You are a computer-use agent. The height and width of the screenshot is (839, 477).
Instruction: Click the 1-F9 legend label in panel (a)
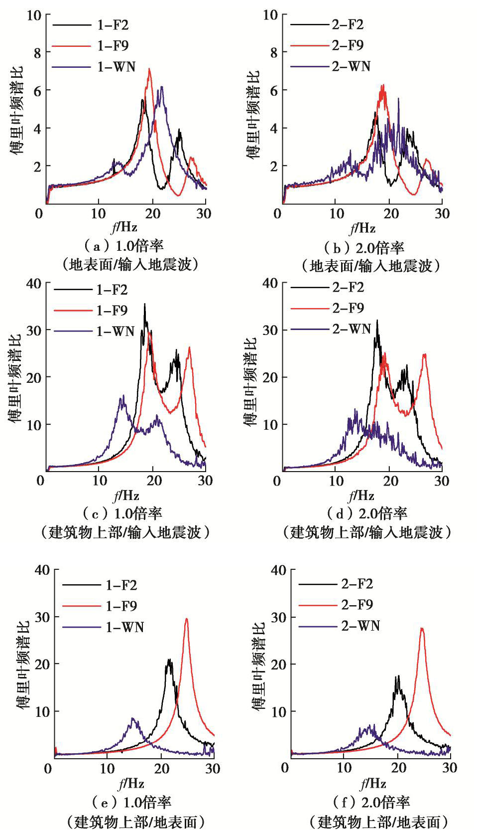click(113, 46)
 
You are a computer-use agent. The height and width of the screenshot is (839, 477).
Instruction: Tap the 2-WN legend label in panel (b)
click(351, 66)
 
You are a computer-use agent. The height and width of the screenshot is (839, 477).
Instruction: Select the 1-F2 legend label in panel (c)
click(112, 290)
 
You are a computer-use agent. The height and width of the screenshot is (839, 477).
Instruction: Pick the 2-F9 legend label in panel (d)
click(348, 308)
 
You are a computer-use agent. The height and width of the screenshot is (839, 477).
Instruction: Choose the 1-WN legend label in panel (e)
click(124, 627)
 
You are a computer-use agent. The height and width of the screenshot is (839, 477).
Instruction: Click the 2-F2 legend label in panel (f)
click(357, 584)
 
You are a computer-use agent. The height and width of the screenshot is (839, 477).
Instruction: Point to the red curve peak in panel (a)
click(149, 69)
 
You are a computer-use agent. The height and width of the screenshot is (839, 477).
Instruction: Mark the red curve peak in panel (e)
click(187, 619)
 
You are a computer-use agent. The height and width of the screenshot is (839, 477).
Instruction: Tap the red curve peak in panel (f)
click(422, 628)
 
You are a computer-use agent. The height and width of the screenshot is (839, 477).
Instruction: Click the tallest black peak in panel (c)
click(145, 304)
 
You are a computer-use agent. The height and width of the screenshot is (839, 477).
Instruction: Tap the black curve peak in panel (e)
click(169, 660)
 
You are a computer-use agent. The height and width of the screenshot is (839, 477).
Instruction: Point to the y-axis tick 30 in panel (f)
click(278, 617)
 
